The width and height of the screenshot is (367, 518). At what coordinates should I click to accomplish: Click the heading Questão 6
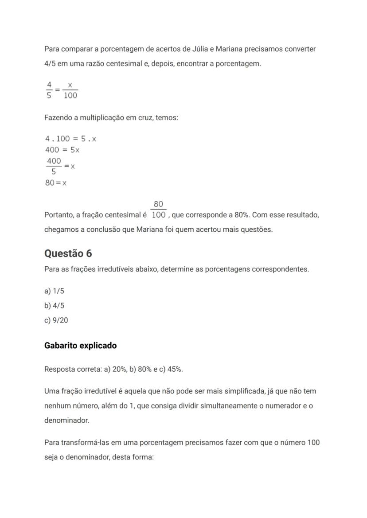68,253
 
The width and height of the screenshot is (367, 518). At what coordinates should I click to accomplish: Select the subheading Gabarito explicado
80,346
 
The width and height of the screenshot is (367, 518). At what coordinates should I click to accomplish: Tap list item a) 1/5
54,291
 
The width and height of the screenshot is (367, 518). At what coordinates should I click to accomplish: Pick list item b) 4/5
54,306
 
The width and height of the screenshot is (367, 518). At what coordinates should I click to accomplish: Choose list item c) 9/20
56,320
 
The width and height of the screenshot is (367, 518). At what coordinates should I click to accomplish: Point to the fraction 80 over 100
158,210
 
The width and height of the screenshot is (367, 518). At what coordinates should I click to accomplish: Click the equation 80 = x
56,183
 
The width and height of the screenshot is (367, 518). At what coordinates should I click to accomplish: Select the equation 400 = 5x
62,150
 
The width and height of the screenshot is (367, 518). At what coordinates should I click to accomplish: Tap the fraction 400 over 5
54,166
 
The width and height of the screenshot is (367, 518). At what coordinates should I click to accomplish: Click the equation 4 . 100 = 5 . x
70,139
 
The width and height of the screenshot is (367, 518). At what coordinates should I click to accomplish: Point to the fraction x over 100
70,90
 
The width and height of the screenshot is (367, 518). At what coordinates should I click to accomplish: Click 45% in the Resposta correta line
175,369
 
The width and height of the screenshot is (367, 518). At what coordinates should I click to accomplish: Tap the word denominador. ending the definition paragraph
66,421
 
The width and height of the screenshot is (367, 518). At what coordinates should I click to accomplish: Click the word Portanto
59,215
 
